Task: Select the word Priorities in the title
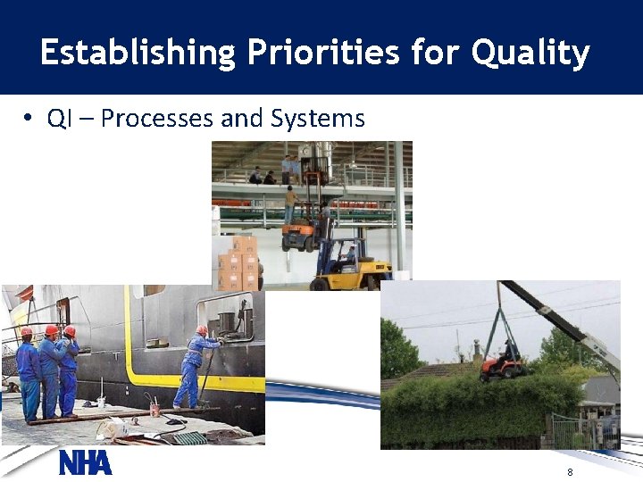click(317, 53)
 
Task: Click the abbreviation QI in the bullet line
click(59, 119)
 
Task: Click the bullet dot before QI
click(29, 120)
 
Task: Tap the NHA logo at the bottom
click(86, 463)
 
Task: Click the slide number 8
click(569, 471)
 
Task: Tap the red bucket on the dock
click(154, 410)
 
